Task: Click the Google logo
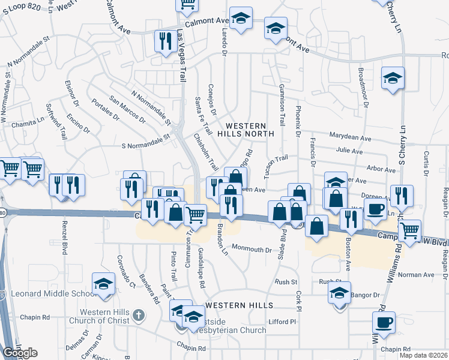[20, 353]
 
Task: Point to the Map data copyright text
[423, 355]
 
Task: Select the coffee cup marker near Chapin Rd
[384, 323]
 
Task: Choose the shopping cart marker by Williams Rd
[410, 230]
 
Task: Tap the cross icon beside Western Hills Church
[138, 314]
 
